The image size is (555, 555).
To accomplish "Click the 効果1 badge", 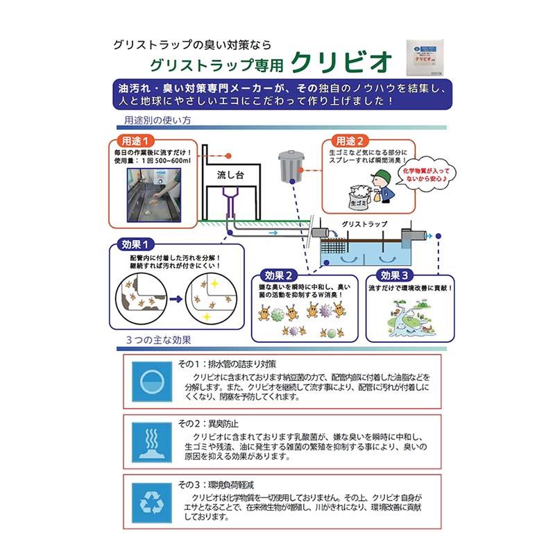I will (x=137, y=246).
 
